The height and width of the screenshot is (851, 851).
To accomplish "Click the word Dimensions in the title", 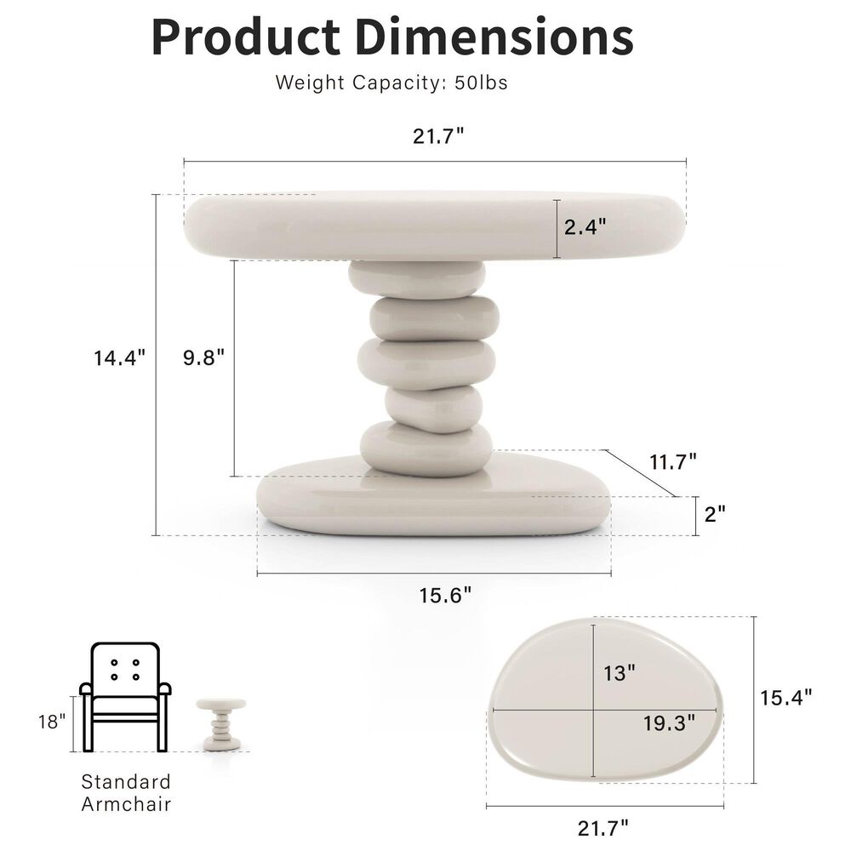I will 493,36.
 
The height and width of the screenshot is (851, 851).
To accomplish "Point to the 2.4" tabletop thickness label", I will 585,227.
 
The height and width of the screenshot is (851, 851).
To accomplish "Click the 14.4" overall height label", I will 120,357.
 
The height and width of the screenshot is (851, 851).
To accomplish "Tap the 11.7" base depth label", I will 673,461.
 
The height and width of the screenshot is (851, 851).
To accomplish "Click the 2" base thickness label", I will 715,513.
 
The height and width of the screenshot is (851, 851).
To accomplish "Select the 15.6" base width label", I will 445,595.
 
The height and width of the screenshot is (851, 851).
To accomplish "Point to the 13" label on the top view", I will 620,673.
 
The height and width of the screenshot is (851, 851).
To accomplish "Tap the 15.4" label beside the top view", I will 786,697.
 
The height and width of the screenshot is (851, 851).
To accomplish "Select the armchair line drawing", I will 125,696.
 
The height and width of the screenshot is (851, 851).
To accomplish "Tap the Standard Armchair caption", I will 126,792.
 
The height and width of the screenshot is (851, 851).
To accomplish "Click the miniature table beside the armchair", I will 221,724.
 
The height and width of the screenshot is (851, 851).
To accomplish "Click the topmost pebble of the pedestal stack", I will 417,277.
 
